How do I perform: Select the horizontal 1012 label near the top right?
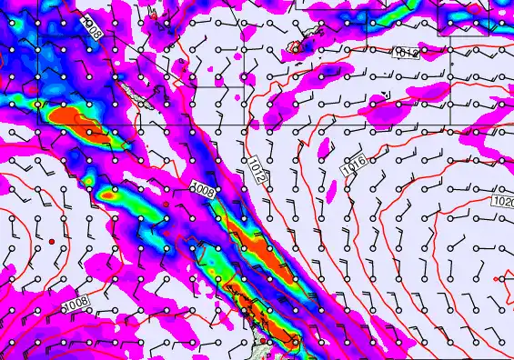406,54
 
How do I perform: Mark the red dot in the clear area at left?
53,240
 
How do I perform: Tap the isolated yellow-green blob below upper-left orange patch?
109,194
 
